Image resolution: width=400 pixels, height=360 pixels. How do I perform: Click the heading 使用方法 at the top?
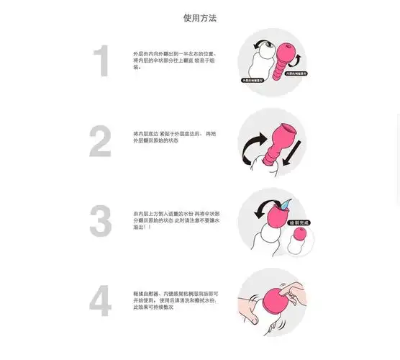200,17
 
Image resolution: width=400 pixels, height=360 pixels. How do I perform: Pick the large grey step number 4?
101,301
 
